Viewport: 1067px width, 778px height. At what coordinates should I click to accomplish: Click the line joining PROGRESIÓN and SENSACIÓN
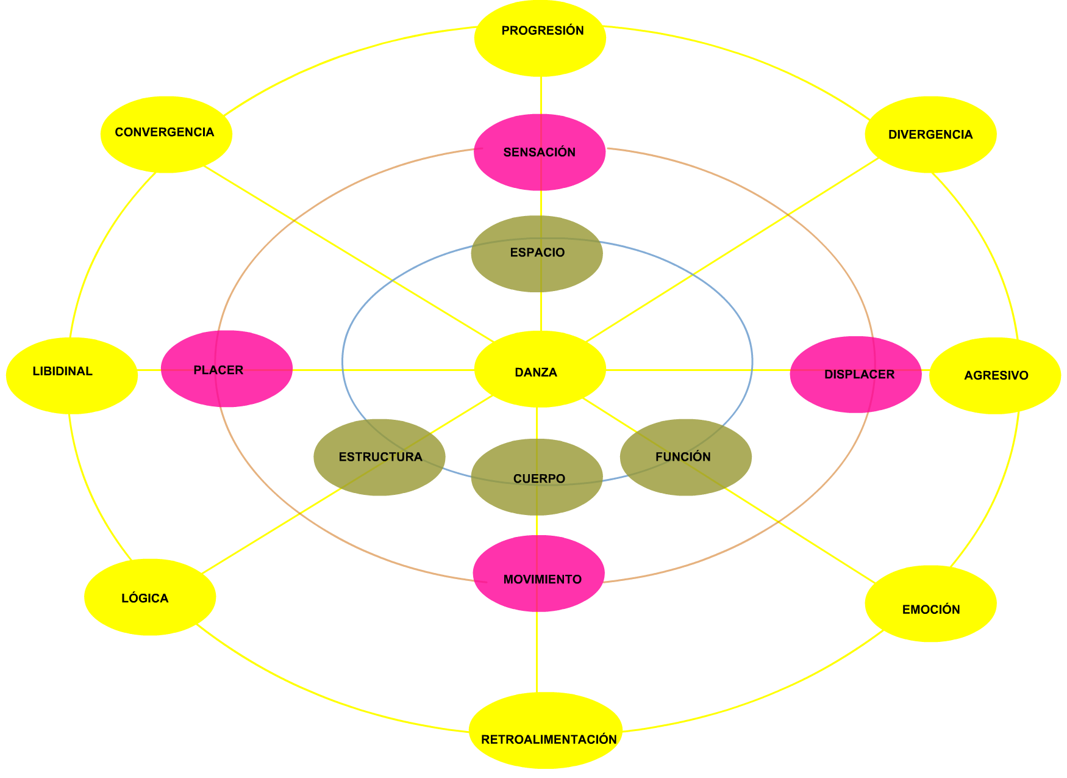[x=541, y=95]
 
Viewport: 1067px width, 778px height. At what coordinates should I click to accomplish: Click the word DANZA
[x=536, y=372]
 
